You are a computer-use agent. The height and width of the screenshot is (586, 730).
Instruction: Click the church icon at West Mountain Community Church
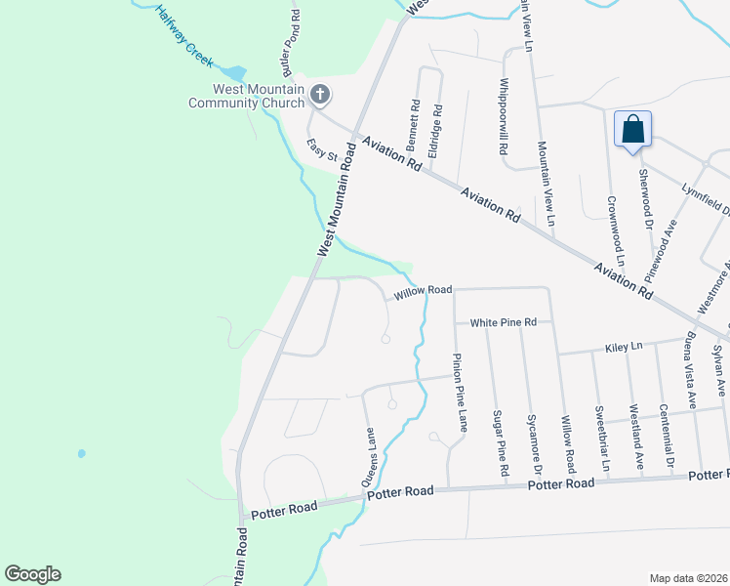point(319,95)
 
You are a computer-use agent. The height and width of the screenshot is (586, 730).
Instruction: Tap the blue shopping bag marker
point(632,129)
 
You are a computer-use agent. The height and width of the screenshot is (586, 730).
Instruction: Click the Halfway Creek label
point(182,36)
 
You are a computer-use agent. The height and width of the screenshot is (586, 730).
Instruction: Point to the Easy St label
point(321,149)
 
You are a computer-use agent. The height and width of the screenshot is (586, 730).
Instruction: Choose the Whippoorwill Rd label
point(504,118)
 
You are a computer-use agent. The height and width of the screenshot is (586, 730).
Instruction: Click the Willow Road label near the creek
point(423,290)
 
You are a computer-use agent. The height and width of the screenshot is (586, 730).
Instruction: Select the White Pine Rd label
point(504,322)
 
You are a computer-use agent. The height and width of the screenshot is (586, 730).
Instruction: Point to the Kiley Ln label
point(623,346)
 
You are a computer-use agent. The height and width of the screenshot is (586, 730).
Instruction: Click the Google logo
point(32,573)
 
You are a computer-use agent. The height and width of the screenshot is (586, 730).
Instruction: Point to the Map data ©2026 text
point(689,578)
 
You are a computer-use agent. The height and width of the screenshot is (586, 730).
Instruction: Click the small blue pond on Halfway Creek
point(233,73)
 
